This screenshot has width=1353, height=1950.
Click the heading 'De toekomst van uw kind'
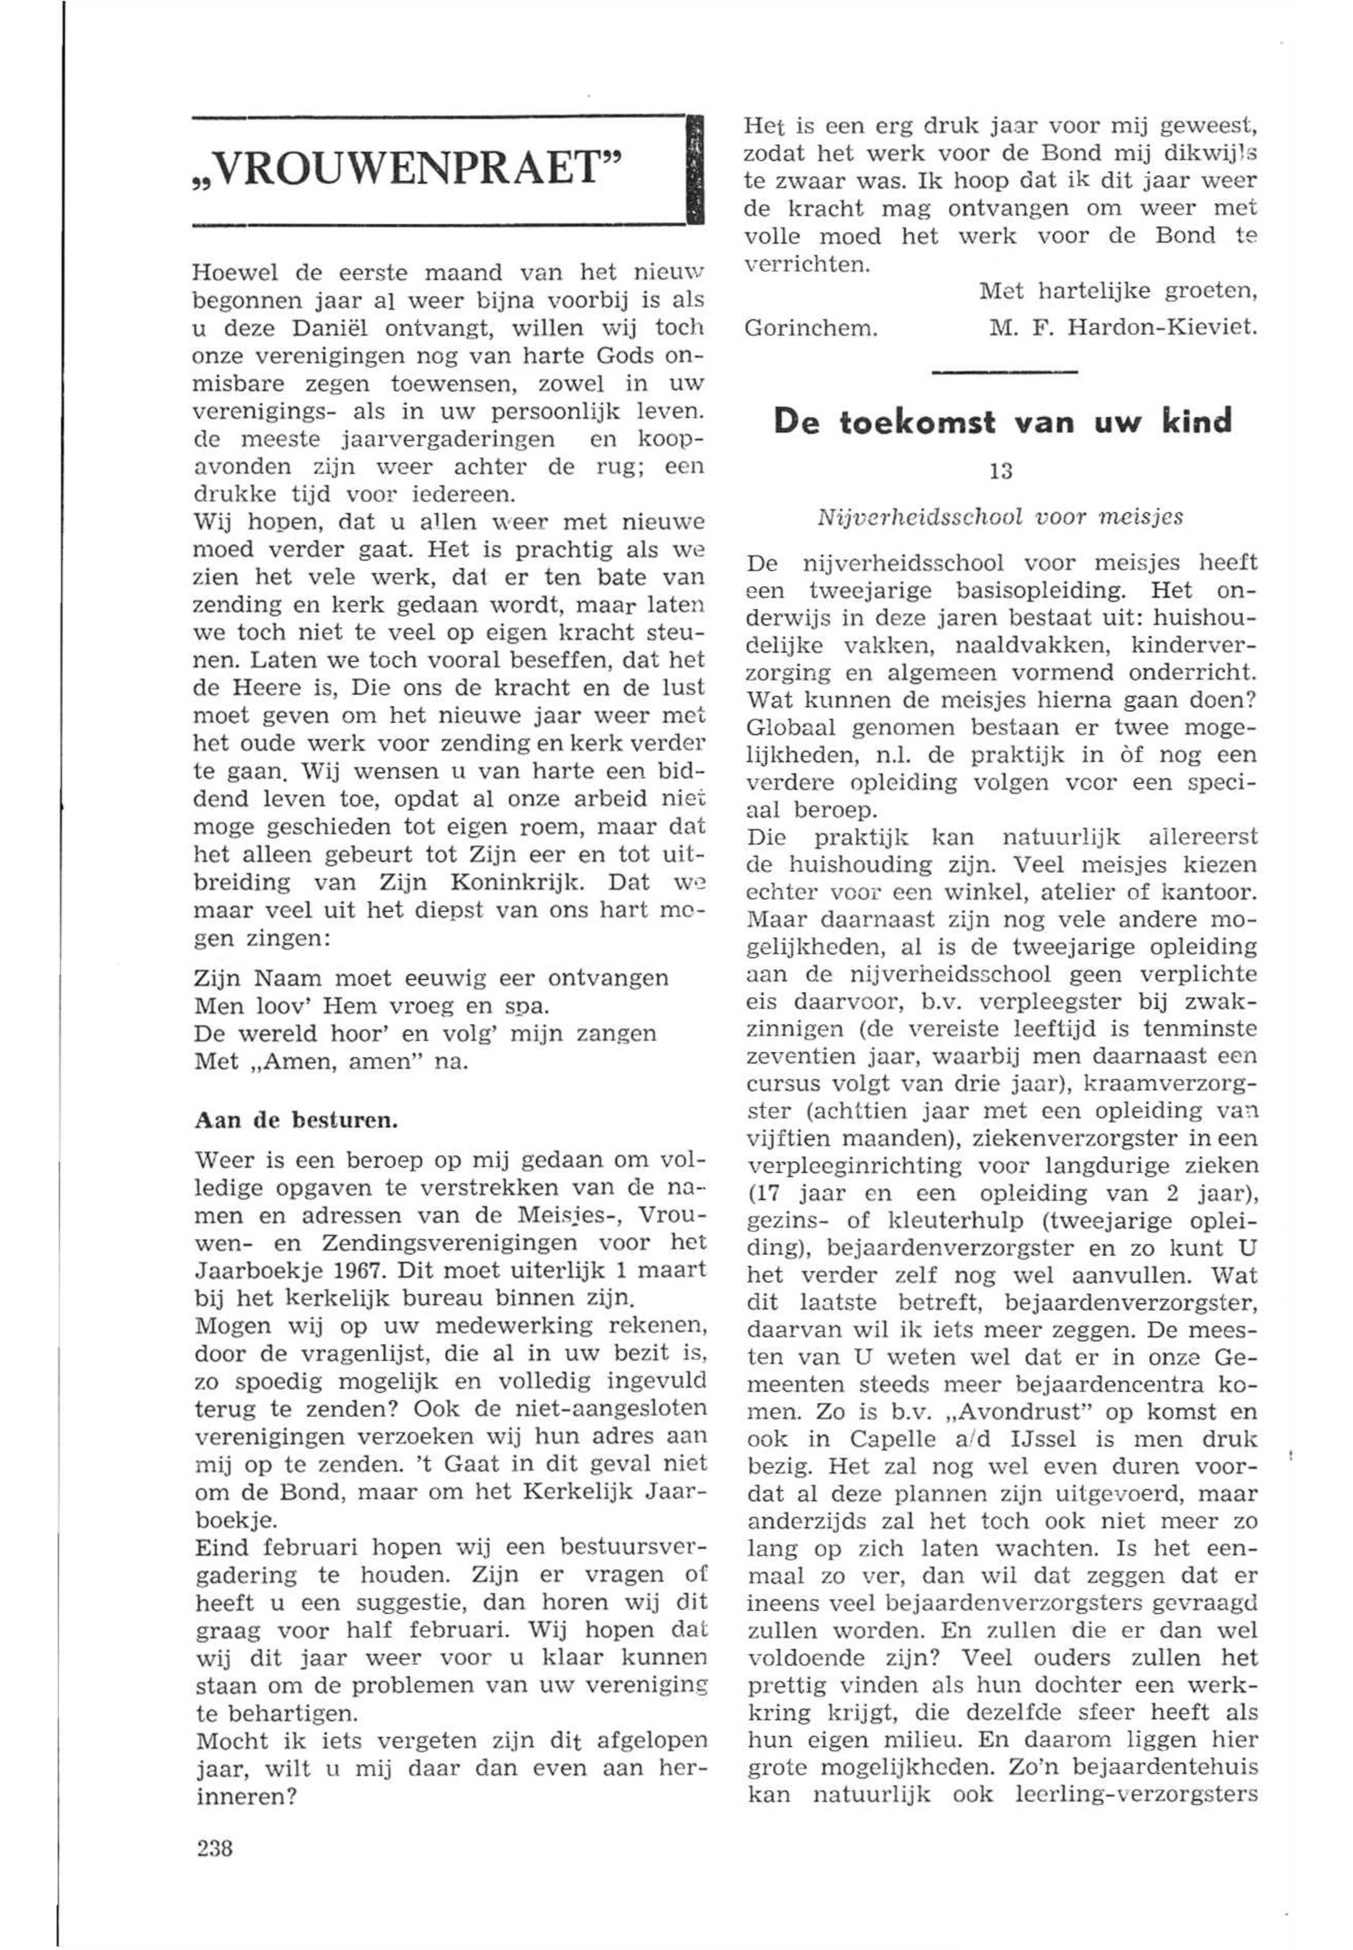pos(1003,422)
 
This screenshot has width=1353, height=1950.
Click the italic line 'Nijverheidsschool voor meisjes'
pos(1001,518)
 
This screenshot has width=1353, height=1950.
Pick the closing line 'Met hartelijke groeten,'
pos(1118,292)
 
